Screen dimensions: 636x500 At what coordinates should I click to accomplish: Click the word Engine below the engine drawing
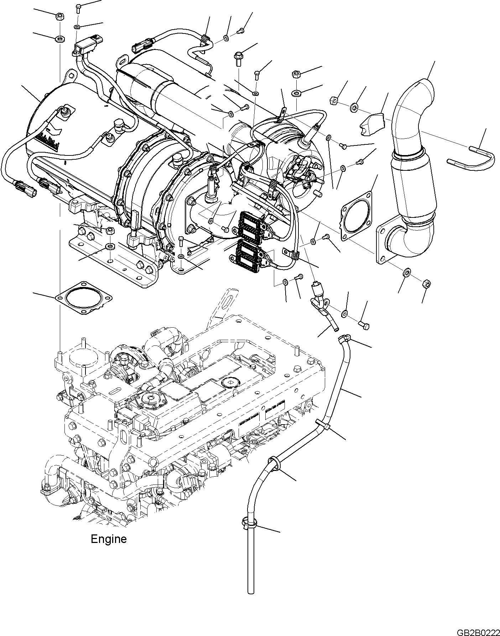109,549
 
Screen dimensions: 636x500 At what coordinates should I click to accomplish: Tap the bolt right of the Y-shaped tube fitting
364,325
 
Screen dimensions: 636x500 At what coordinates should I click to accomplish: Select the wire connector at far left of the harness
26,188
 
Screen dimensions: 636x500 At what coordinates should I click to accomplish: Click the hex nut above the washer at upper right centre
296,74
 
